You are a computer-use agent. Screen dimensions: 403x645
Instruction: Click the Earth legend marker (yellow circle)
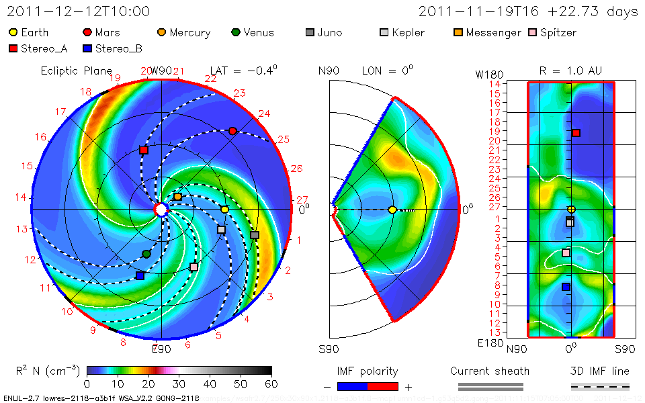(x=13, y=32)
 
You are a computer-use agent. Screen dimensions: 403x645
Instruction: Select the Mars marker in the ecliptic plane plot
(x=232, y=131)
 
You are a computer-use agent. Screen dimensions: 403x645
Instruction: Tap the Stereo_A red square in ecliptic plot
(x=144, y=150)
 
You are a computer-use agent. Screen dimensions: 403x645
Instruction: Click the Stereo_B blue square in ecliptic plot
(x=140, y=275)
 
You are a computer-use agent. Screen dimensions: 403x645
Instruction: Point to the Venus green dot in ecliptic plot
(x=146, y=253)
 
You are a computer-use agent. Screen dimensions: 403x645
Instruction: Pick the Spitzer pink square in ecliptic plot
(x=194, y=267)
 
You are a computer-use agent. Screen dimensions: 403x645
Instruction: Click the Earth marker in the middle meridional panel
(x=392, y=210)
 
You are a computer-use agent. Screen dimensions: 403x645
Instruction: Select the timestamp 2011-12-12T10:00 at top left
(x=78, y=11)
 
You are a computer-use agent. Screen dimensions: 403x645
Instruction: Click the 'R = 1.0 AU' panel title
(x=570, y=71)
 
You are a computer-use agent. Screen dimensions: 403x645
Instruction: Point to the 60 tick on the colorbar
(x=271, y=384)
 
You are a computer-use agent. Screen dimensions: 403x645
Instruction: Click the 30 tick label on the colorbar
(x=179, y=384)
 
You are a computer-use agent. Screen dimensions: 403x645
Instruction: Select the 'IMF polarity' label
(x=368, y=371)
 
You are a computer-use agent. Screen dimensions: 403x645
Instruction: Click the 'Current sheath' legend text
(x=490, y=371)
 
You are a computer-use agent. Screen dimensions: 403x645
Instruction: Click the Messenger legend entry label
(x=493, y=32)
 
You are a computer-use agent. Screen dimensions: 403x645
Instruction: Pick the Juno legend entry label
(x=330, y=32)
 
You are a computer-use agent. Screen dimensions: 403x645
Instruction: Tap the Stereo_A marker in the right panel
(x=576, y=133)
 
